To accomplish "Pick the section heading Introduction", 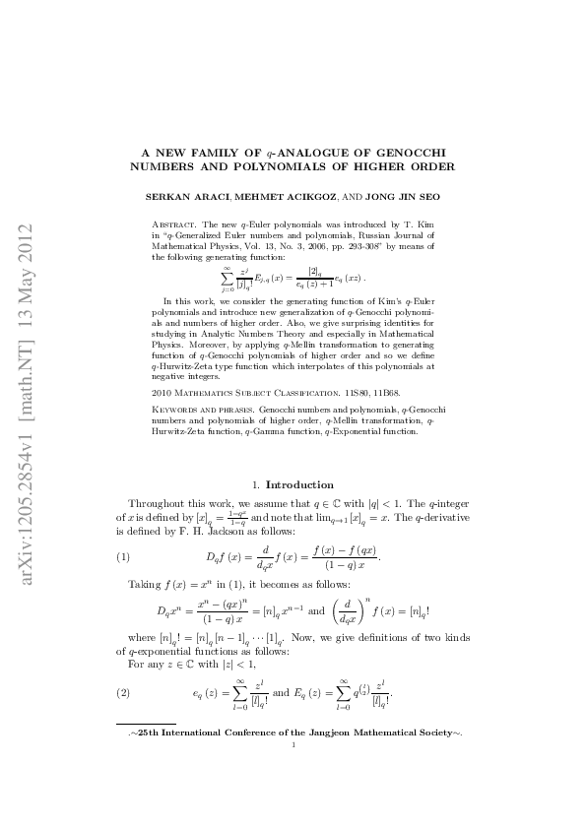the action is click(300, 484).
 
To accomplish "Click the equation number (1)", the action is click(123, 557).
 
